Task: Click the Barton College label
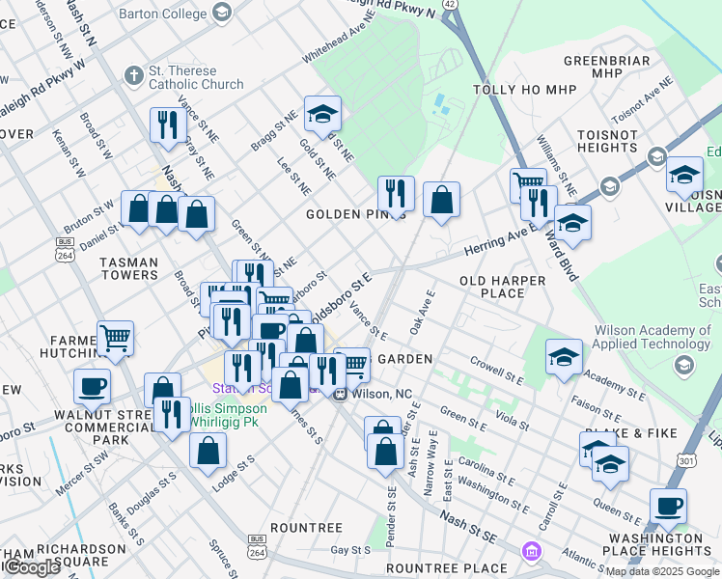[x=162, y=14]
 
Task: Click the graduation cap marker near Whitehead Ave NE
[x=322, y=115]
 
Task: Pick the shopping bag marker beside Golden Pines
[x=441, y=200]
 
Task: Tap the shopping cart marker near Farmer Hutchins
[x=116, y=338]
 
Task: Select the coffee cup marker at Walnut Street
[x=93, y=386]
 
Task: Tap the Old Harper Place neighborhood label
[x=502, y=287]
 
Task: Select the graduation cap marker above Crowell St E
[x=564, y=358]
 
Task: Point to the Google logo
[x=31, y=567]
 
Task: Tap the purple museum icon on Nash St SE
[x=531, y=552]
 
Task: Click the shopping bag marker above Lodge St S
[x=208, y=449]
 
